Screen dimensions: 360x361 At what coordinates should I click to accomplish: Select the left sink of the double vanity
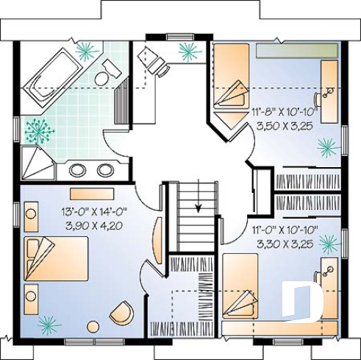tap(79, 170)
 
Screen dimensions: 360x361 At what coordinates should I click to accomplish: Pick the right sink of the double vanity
tap(105, 170)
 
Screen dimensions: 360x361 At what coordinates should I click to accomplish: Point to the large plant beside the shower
tap(36, 131)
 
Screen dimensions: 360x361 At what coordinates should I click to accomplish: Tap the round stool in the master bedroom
tap(93, 326)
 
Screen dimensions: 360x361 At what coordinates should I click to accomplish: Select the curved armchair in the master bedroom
tap(122, 312)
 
